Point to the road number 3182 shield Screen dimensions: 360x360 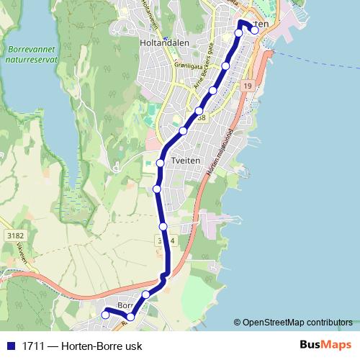(14, 235)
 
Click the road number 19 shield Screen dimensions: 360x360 (248, 86)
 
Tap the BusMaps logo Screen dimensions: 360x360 (326, 345)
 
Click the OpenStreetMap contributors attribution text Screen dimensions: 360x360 (295, 322)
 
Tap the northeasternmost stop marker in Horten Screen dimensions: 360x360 (254, 30)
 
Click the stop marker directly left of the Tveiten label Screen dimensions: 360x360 (161, 163)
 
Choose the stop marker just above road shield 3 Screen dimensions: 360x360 (163, 226)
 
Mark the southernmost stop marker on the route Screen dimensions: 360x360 (130, 317)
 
